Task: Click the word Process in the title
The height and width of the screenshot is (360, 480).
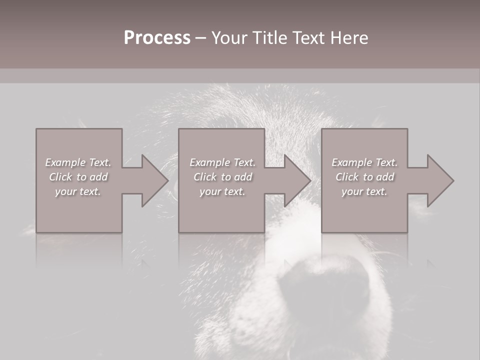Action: [x=157, y=38]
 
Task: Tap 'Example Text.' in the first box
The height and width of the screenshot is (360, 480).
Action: [x=78, y=162]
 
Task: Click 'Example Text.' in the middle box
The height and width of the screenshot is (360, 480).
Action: [x=222, y=162]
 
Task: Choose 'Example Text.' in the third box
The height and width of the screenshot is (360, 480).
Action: [x=364, y=162]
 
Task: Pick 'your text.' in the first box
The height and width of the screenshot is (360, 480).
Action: [x=78, y=191]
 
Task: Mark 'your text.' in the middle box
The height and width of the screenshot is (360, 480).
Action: [x=222, y=191]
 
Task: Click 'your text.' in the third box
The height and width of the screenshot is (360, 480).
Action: [x=364, y=191]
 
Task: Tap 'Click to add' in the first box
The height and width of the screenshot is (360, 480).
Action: [x=78, y=177]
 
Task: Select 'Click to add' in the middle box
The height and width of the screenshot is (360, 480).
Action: [x=222, y=177]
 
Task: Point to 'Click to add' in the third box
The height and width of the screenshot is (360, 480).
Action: [x=364, y=177]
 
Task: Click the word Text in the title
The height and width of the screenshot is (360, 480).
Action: [x=304, y=38]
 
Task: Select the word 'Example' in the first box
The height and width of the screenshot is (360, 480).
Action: [x=65, y=162]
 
